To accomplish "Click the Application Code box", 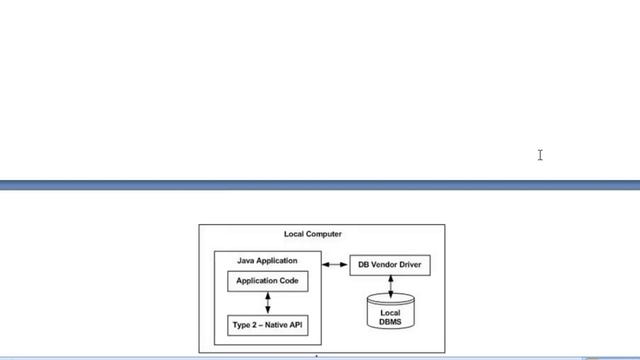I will click(x=267, y=281).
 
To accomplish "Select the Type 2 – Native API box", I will click(x=267, y=325).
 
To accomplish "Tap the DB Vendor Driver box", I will click(x=390, y=265).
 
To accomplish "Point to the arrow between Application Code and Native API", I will click(x=267, y=303).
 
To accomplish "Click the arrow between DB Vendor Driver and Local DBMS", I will click(x=390, y=286).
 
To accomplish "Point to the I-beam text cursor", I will click(x=540, y=154).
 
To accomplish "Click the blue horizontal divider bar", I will click(x=320, y=185).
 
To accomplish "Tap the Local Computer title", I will click(x=312, y=234).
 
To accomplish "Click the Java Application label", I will click(x=267, y=260).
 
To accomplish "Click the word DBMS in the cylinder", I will click(x=390, y=321).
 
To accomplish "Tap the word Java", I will click(x=247, y=260).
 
